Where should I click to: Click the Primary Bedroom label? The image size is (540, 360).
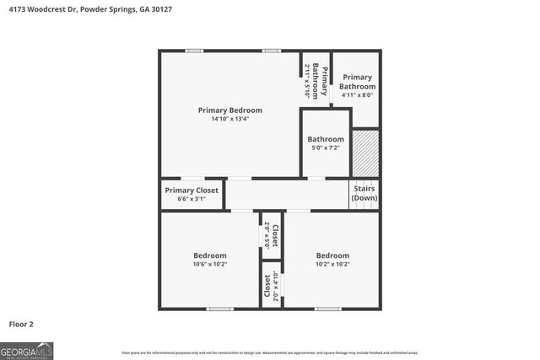(229, 110)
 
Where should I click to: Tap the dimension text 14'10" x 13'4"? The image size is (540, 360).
(229, 119)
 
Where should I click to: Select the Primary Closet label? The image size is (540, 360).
(192, 191)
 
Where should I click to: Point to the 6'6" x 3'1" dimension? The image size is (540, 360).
(192, 199)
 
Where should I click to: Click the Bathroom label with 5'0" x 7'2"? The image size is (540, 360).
(326, 139)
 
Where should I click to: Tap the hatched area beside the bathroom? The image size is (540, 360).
(365, 153)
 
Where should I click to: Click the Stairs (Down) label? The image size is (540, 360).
(364, 193)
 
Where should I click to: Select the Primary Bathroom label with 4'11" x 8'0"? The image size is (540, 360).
(357, 82)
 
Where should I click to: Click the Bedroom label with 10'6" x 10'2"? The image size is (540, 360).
(210, 255)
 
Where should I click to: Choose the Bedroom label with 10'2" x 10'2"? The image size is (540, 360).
(332, 255)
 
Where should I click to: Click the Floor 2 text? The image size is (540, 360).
(21, 324)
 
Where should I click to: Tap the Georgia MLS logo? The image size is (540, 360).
(27, 349)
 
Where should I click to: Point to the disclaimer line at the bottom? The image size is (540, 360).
(270, 352)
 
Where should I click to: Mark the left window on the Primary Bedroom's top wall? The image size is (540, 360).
(193, 51)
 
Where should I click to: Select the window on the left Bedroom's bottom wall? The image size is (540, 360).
(220, 309)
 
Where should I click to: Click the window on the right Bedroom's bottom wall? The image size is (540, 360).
(328, 309)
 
